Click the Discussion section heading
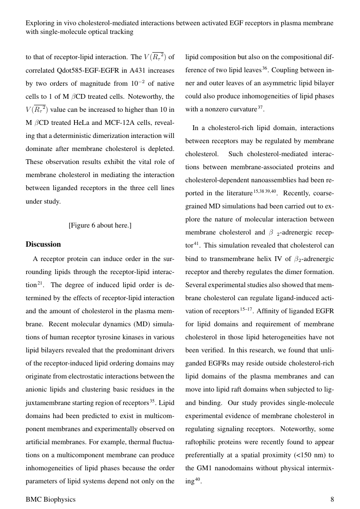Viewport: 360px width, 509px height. (x=43, y=244)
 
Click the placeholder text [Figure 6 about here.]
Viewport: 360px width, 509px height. (x=100, y=225)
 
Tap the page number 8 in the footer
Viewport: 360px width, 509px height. (x=332, y=499)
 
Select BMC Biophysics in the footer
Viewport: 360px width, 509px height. (x=50, y=499)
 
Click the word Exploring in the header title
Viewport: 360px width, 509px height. (x=40, y=23)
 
